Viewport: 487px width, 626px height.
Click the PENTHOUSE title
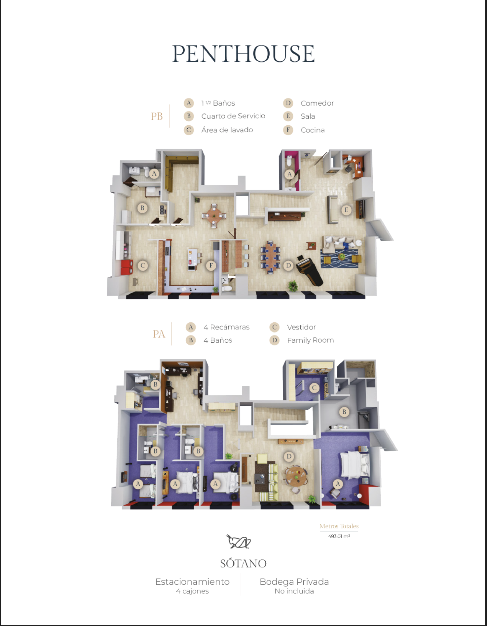tap(243, 54)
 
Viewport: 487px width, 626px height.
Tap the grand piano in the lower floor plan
tap(309, 270)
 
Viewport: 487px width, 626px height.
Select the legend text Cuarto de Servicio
tap(233, 116)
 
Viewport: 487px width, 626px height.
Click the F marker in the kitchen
tap(211, 265)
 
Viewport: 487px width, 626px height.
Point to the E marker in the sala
tap(346, 210)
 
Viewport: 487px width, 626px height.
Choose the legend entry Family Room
tap(310, 340)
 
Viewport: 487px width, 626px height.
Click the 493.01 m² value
tap(339, 536)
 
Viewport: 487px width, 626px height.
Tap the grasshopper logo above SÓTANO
tap(238, 542)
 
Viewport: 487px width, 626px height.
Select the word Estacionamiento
tap(192, 581)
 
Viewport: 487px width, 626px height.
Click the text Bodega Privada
tap(294, 581)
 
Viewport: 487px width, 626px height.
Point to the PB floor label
tap(157, 116)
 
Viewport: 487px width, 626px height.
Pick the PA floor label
tap(159, 334)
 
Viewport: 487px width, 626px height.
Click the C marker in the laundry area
tap(143, 266)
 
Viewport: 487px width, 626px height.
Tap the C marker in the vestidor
tap(314, 388)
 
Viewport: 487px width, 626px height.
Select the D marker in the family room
tap(289, 456)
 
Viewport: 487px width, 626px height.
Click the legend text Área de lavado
tap(227, 130)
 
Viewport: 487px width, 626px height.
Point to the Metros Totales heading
tap(339, 526)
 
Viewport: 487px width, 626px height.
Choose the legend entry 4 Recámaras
tap(227, 327)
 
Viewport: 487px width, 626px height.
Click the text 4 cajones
tap(192, 591)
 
